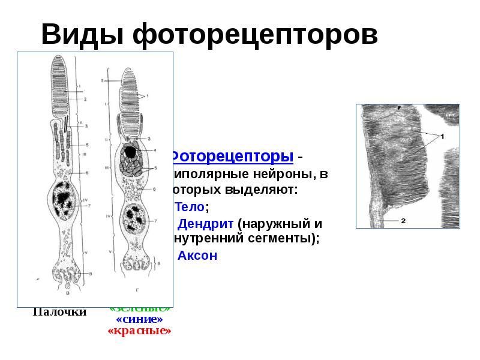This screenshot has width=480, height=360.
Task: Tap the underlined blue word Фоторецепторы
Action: click(x=232, y=157)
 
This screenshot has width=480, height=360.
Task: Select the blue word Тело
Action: click(x=190, y=207)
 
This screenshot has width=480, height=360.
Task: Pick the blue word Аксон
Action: click(x=197, y=255)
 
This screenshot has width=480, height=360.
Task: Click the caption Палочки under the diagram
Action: click(x=59, y=312)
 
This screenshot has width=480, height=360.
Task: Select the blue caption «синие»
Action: click(x=139, y=319)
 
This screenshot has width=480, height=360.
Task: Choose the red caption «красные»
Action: click(x=139, y=331)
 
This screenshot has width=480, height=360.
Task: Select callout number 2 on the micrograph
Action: click(x=403, y=221)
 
